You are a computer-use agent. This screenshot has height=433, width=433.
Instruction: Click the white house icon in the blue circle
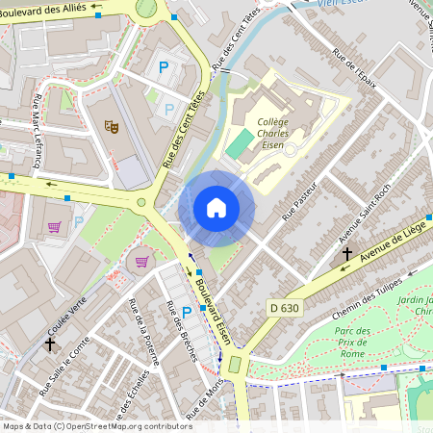point(216,208)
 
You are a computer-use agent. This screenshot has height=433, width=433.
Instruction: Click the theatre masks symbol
point(111,125)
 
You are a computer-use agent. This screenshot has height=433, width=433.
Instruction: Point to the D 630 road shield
point(280,307)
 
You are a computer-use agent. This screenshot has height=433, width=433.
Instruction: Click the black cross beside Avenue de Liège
point(347,255)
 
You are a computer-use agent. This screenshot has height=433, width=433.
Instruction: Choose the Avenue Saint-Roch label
point(363,213)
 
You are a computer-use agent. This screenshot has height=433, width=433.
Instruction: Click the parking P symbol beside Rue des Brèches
point(186,312)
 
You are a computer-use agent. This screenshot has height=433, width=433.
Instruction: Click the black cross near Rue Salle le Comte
point(50,342)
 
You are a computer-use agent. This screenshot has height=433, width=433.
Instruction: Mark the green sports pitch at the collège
point(240,144)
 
